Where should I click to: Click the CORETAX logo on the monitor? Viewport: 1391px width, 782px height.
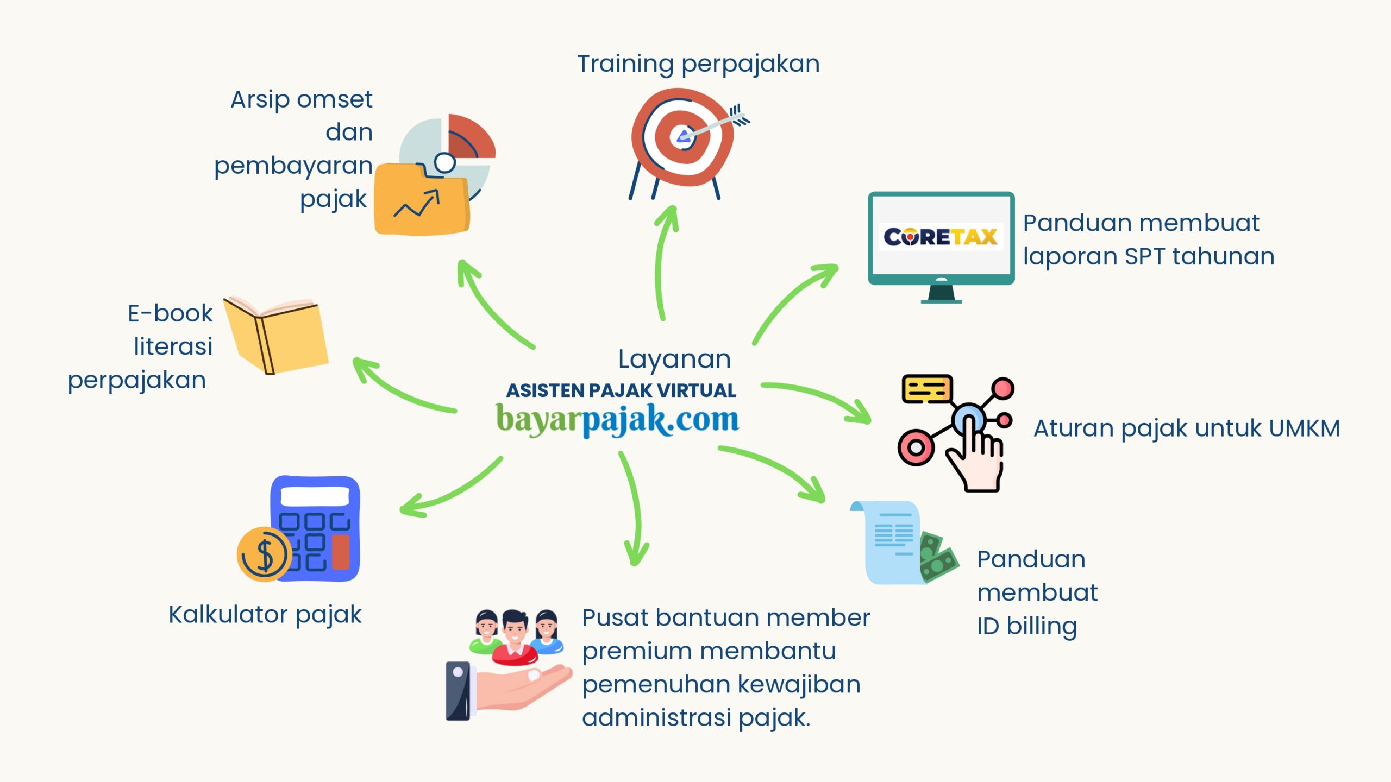click(941, 237)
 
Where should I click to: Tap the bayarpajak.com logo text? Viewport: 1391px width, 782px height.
click(617, 420)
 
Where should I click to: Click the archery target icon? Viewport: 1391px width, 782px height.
click(682, 138)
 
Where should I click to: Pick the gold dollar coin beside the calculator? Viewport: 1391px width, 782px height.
click(264, 554)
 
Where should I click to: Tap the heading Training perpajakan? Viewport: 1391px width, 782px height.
click(698, 64)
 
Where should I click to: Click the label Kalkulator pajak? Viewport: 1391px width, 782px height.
click(265, 615)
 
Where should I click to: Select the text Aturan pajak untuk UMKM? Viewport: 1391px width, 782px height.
click(1186, 428)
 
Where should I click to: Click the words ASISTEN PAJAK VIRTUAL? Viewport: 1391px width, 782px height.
click(621, 390)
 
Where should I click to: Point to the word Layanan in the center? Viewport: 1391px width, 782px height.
click(674, 359)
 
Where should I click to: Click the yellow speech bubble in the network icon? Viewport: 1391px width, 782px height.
click(926, 389)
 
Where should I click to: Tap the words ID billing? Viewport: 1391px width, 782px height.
click(1026, 626)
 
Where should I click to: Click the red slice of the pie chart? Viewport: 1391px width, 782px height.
click(471, 137)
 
